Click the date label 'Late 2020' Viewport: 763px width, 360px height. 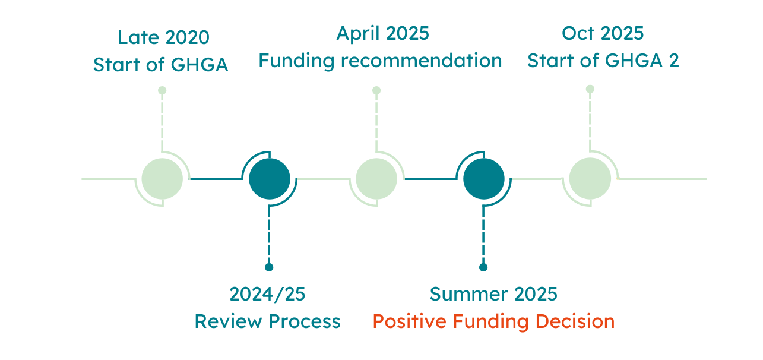tap(163, 37)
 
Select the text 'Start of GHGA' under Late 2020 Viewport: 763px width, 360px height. tap(161, 64)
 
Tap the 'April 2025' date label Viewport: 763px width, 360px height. tap(383, 34)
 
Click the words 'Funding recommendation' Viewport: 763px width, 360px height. tap(380, 61)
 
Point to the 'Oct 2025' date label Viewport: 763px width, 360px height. tap(603, 33)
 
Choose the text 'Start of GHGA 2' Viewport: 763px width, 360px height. tap(603, 61)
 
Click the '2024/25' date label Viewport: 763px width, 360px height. tap(267, 294)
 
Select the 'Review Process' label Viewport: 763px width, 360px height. tap(267, 321)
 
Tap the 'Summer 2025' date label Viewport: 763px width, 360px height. tap(493, 294)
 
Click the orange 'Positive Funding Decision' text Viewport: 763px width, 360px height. tap(493, 321)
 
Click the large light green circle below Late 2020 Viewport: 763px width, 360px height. tap(162, 179)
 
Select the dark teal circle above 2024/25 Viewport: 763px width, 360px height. tap(270, 179)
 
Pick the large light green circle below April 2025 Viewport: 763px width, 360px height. tap(376, 179)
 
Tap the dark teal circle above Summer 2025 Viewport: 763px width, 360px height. tap(484, 179)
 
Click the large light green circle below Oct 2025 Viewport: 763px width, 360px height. tap(590, 178)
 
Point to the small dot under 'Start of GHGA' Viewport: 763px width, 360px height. tap(162, 90)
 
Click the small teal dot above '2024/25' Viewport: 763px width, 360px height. tap(269, 267)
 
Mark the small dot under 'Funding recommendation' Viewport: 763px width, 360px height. tap(376, 90)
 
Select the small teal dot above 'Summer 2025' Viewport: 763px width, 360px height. tap(483, 267)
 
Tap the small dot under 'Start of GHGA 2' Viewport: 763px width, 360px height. tap(590, 89)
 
